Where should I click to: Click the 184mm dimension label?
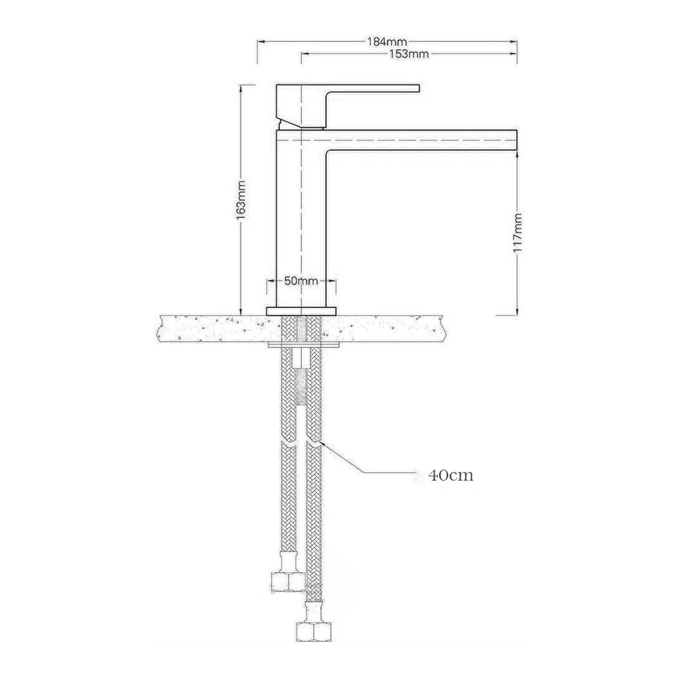click(x=387, y=42)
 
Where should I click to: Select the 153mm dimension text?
click(x=409, y=54)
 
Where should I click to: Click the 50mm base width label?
click(x=301, y=281)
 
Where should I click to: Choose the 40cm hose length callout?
click(x=450, y=475)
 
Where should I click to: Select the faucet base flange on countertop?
click(x=301, y=311)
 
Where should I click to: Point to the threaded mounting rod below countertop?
click(x=301, y=385)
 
